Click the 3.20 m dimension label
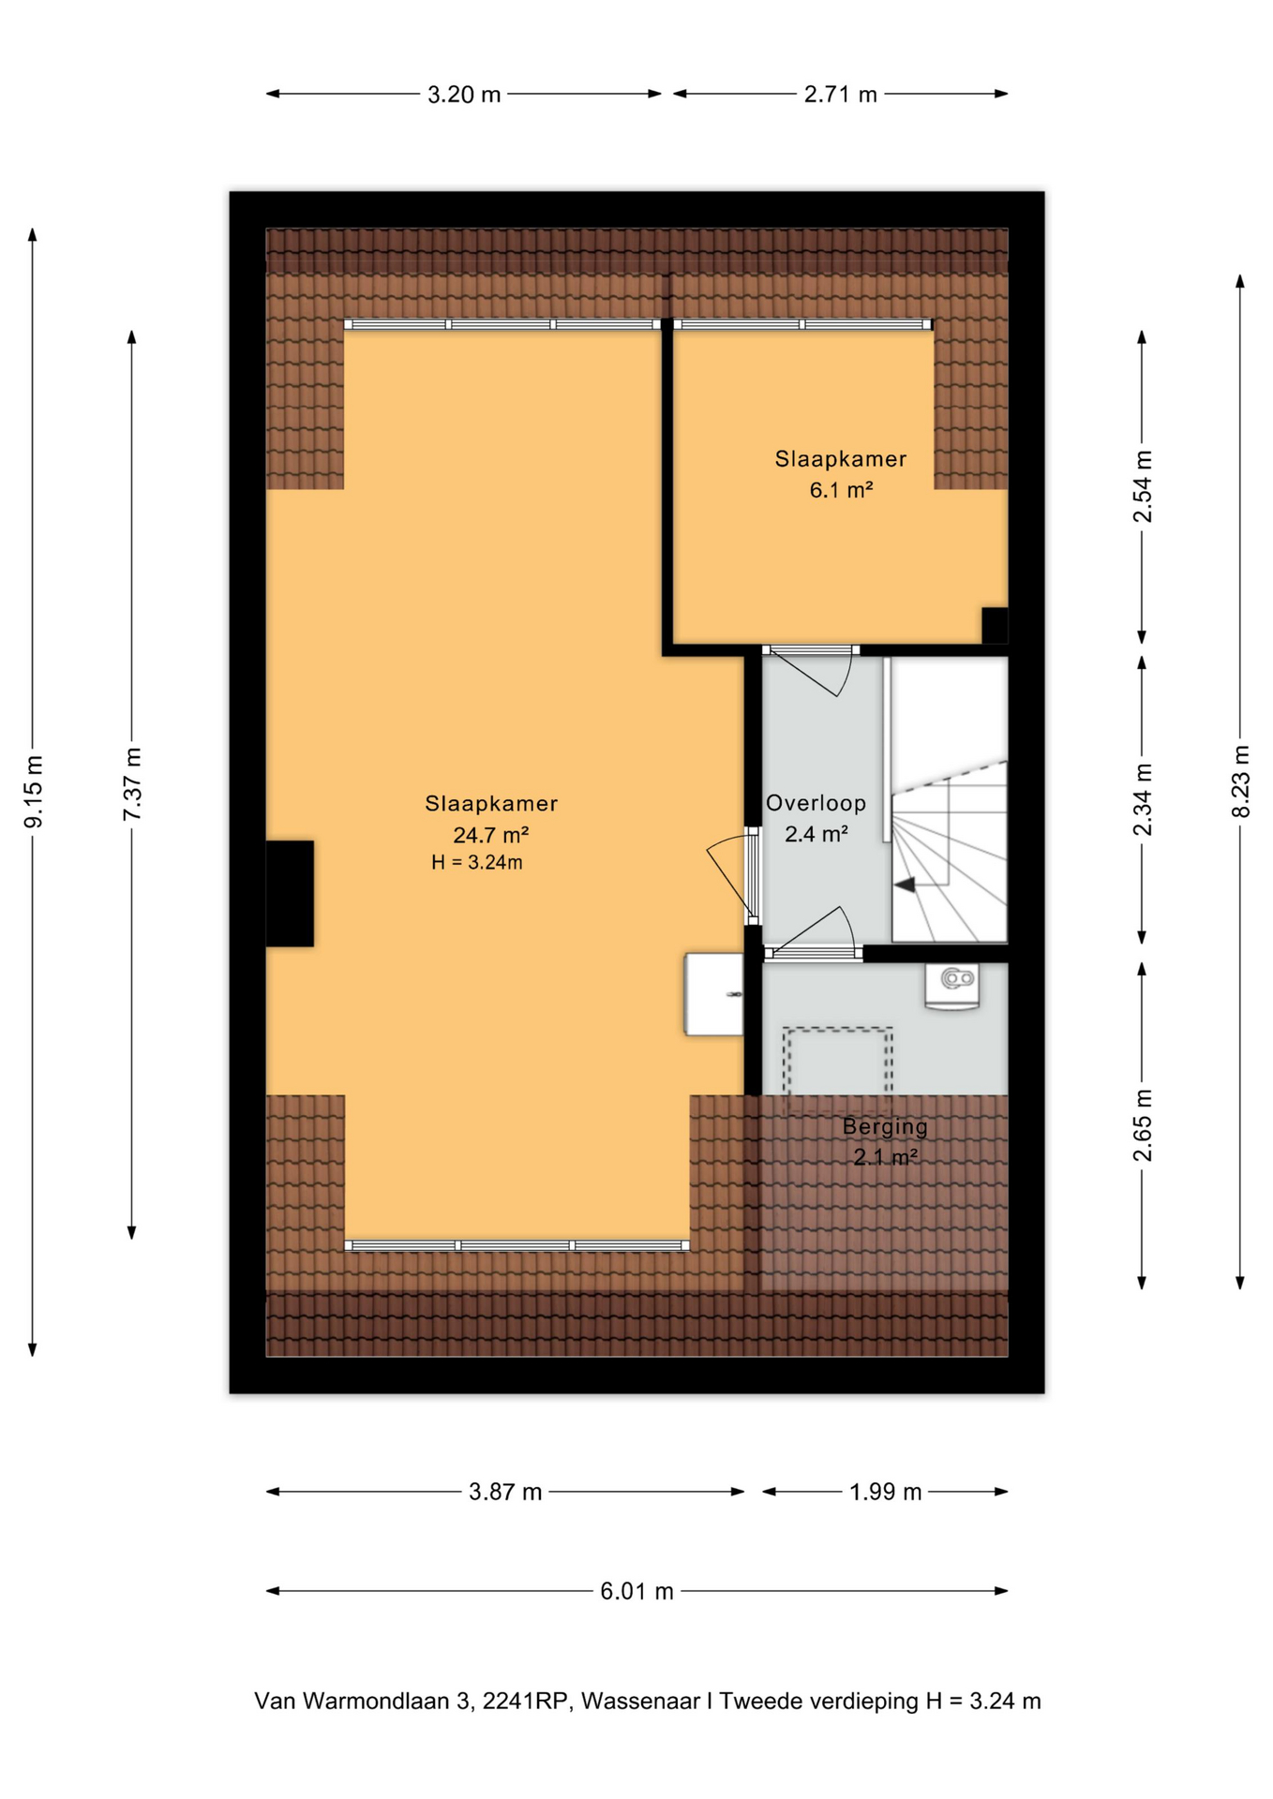point(464,95)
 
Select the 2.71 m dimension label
point(840,95)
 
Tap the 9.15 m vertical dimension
point(34,792)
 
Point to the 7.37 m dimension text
point(132,784)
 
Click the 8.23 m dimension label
point(1240,781)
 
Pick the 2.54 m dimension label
point(1142,487)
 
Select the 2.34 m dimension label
point(1142,799)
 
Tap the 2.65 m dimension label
point(1142,1125)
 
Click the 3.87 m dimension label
point(505,1492)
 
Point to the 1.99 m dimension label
point(885,1492)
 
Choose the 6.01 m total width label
point(636,1591)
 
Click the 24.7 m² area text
point(491,835)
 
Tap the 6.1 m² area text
point(841,490)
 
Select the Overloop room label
point(816,803)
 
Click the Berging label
point(885,1126)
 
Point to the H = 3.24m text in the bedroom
point(476,863)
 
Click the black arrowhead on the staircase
point(905,884)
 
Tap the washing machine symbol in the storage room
point(952,985)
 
